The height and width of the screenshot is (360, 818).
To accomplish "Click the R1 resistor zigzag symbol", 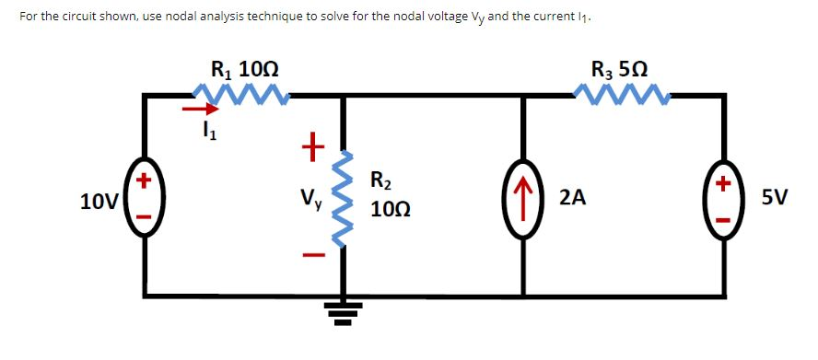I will pyautogui.click(x=241, y=92).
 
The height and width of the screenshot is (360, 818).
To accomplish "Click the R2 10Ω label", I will pyautogui.click(x=385, y=194).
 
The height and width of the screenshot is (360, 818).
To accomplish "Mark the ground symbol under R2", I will pyautogui.click(x=344, y=313).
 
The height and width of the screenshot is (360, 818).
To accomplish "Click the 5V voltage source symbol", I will pyautogui.click(x=724, y=197).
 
